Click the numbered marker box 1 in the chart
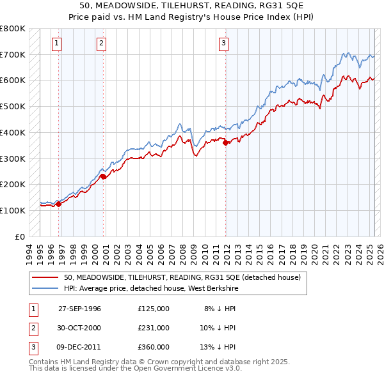57,43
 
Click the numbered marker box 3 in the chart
223,43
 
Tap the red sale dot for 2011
225,143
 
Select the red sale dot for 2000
104,176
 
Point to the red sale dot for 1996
58,204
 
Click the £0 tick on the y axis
21,236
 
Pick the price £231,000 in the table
154,328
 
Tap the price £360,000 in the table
154,347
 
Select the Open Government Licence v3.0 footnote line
135,369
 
